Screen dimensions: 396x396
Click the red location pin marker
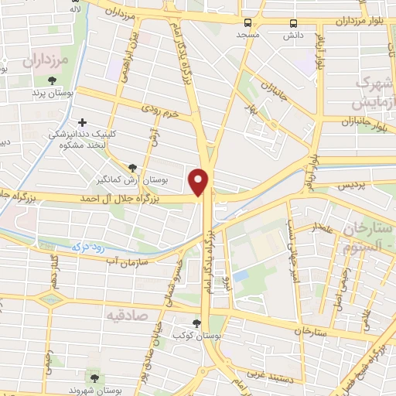pos(201,181)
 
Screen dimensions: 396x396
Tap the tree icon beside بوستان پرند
pos(53,80)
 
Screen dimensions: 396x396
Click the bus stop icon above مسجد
pos(247,22)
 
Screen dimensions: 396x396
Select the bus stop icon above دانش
pos(292,22)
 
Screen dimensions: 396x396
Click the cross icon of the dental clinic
pos(84,121)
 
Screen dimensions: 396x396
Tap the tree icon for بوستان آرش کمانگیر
pos(133,168)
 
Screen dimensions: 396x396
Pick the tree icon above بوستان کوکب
pos(196,323)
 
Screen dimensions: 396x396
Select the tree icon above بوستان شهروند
pos(94,379)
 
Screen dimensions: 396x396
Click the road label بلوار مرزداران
pos(360,20)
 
